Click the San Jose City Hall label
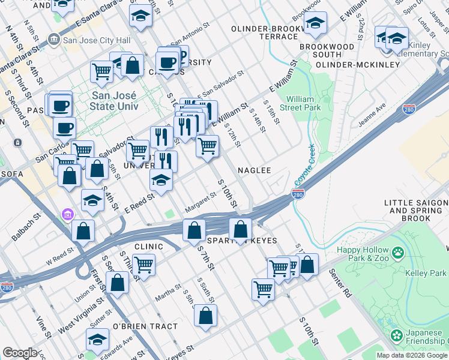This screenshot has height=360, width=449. coord(93,41)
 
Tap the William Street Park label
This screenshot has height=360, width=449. coord(304,103)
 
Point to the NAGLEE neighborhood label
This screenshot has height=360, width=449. coord(254,170)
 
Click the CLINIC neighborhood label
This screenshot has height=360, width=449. coord(149,246)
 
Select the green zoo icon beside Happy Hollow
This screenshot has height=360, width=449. coord(396,253)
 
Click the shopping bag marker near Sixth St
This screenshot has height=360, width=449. coord(205,316)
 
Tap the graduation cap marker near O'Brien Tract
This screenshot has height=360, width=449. coord(96,340)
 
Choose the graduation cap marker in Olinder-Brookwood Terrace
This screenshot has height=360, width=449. coord(315,23)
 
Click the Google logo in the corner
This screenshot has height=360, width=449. coord(20,353)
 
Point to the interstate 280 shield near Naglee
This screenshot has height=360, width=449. coord(298,194)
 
